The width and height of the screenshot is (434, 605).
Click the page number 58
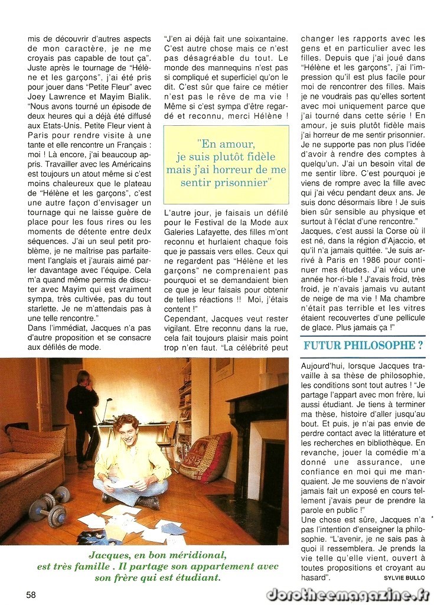tap(31, 594)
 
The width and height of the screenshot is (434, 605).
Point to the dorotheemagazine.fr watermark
tap(347, 594)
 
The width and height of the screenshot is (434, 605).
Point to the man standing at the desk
tap(82, 414)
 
